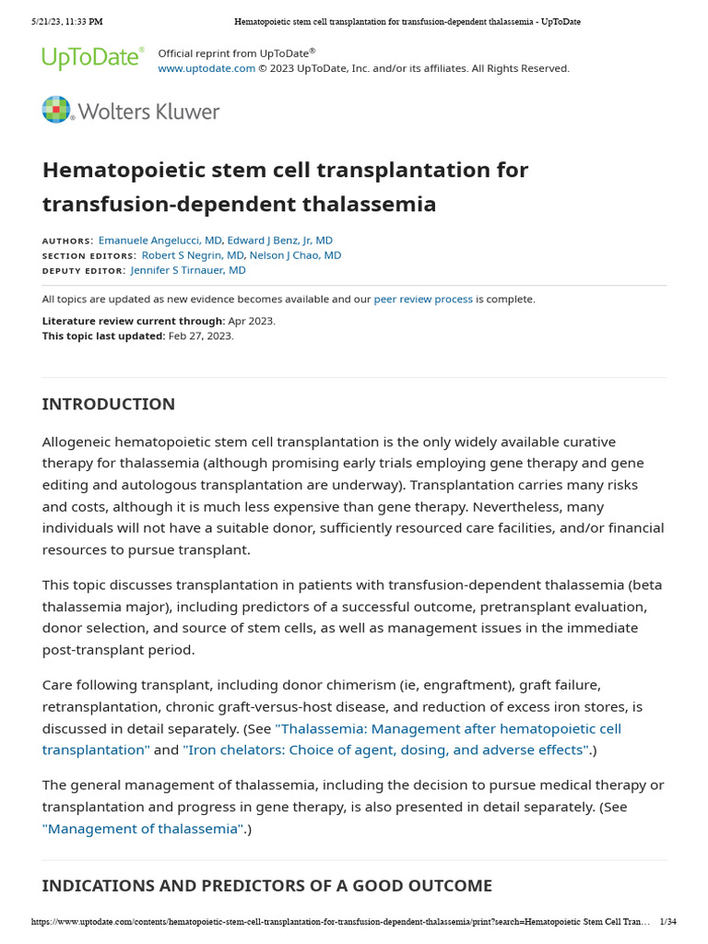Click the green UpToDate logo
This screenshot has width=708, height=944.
pos(92,58)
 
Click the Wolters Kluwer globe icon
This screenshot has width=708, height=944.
pos(56,110)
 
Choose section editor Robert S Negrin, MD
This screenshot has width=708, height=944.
pos(193,255)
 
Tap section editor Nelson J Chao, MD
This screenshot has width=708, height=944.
pos(295,255)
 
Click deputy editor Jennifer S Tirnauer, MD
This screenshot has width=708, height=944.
pos(188,270)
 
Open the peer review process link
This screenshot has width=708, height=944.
pos(423,300)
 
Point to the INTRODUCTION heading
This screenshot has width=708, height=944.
pos(109,404)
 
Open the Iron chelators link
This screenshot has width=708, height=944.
pos(386,749)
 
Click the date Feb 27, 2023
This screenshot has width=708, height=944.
pos(201,336)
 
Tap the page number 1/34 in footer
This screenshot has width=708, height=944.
pos(668,922)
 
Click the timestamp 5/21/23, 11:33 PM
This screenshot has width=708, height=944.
pos(66,21)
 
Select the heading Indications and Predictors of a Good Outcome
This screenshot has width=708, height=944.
pos(266,886)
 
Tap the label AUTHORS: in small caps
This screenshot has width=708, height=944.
pos(67,241)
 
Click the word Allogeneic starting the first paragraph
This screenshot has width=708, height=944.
pos(80,442)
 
